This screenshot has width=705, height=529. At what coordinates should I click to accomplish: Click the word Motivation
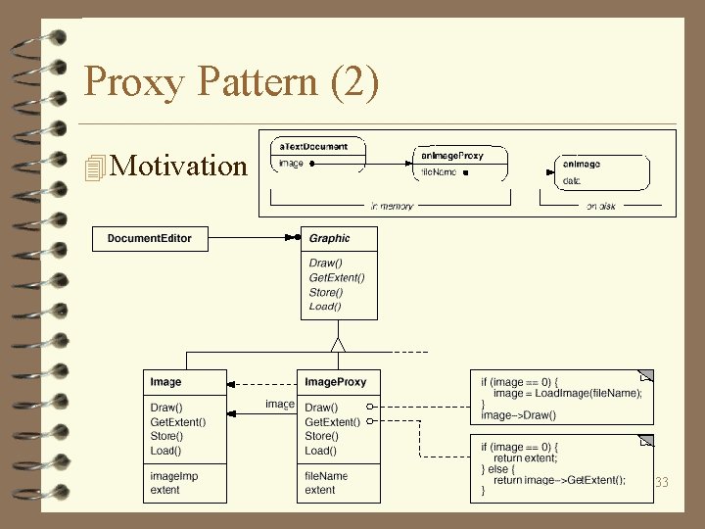click(179, 166)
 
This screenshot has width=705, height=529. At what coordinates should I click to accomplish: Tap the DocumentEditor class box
click(150, 238)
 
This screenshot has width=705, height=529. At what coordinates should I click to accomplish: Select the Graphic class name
click(329, 238)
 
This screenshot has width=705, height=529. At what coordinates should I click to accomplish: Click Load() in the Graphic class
click(326, 307)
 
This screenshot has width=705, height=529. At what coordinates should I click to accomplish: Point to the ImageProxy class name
click(336, 382)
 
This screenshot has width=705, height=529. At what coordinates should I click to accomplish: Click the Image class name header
click(165, 382)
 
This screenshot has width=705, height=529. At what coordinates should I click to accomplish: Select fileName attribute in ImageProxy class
click(326, 476)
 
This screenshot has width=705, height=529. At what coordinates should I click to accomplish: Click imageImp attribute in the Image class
click(174, 476)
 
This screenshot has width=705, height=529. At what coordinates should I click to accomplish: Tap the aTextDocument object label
click(313, 147)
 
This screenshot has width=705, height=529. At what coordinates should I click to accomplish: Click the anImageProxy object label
click(451, 155)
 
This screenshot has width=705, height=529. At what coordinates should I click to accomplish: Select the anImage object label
click(582, 164)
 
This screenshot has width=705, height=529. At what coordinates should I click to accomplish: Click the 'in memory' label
click(392, 207)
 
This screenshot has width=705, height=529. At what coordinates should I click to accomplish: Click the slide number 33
click(661, 482)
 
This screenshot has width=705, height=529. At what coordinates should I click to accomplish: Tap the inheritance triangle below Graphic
click(338, 344)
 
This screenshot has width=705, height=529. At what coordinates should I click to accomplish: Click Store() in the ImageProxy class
click(323, 436)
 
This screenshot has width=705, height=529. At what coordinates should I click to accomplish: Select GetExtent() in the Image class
click(178, 422)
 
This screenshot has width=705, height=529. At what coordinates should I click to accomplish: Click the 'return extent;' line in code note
click(526, 457)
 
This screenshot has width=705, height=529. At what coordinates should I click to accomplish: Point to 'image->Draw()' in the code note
click(518, 415)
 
